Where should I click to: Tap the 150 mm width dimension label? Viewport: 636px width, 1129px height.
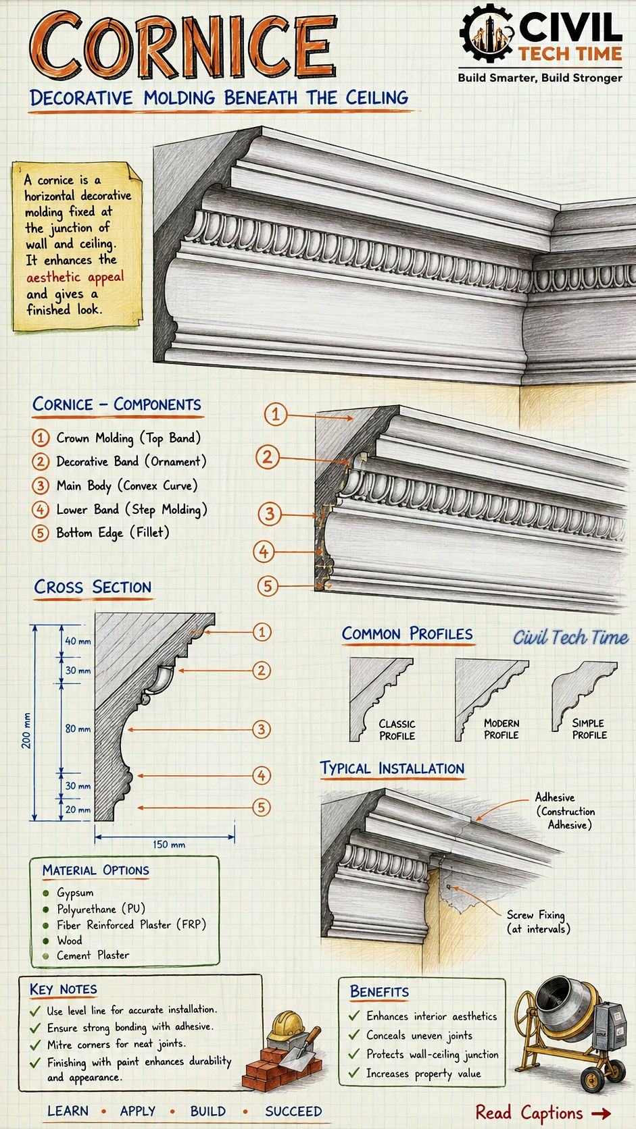tap(169, 844)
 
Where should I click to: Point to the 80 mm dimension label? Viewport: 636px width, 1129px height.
tap(78, 729)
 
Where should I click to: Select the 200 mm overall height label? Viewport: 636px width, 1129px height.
tap(26, 731)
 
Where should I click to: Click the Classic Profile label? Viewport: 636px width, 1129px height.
tap(397, 730)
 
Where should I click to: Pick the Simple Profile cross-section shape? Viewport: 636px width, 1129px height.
tap(583, 693)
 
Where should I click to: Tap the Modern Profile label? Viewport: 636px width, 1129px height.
tap(502, 729)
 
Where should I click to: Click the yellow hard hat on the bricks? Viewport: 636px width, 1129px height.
tap(286, 1026)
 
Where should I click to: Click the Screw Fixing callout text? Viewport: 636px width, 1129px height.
tap(538, 921)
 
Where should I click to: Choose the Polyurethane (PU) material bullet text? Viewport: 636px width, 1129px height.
tap(101, 909)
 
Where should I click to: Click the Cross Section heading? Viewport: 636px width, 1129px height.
tap(93, 587)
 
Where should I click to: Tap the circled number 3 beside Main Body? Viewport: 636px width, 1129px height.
tap(41, 486)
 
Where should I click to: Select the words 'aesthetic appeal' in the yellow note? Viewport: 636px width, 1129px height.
tap(75, 278)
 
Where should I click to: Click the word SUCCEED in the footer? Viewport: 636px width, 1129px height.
tap(293, 1111)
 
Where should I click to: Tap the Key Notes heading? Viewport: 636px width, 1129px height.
tap(64, 989)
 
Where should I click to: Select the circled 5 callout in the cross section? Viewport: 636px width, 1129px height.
tap(262, 808)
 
